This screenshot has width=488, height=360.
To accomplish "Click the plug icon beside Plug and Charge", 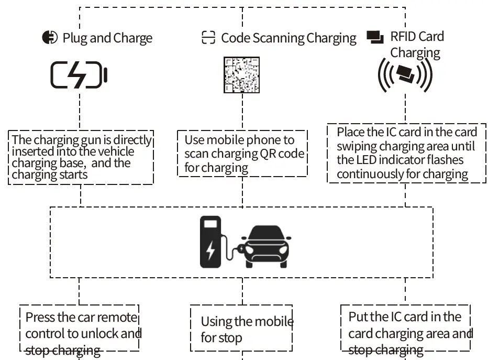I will click(x=50, y=38).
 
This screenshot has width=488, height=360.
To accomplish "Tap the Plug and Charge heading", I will click(x=107, y=38).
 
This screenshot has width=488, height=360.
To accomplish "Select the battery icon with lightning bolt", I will click(x=79, y=75).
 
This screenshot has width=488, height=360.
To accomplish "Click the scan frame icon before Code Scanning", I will click(x=208, y=38).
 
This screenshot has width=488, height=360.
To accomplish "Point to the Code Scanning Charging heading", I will click(x=289, y=38).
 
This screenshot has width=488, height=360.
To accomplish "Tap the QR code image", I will click(x=241, y=75).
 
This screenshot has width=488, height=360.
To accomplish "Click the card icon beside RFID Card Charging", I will click(x=375, y=37).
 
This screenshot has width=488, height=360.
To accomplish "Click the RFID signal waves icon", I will click(x=405, y=74).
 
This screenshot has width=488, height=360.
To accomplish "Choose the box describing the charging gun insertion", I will click(x=81, y=157).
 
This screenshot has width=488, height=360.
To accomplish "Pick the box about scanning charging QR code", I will click(x=242, y=154).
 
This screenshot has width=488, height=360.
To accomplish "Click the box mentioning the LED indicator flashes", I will click(x=406, y=153).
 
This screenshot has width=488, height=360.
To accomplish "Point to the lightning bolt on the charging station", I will click(x=210, y=250).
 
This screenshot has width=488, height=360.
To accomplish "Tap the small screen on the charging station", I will click(x=210, y=224).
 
